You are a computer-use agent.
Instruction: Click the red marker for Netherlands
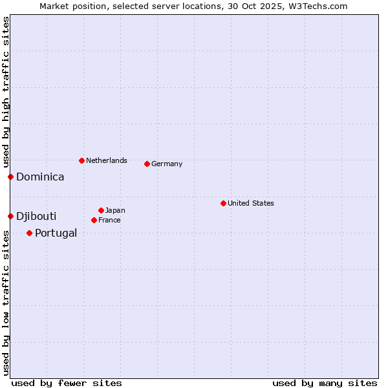pyautogui.click(x=81, y=160)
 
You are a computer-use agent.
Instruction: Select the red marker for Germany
pyautogui.click(x=147, y=164)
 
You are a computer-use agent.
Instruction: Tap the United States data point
pyautogui.click(x=223, y=203)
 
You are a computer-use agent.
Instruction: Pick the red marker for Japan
pyautogui.click(x=101, y=210)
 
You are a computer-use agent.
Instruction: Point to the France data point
pyautogui.click(x=94, y=220)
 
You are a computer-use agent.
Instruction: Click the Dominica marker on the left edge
pyautogui.click(x=10, y=177)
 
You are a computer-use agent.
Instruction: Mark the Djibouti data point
pyautogui.click(x=10, y=216)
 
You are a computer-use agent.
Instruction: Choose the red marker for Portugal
pyautogui.click(x=29, y=233)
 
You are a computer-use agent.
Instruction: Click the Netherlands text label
pyautogui.click(x=107, y=160)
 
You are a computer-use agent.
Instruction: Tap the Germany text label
pyautogui.click(x=167, y=164)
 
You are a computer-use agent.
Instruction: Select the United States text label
pyautogui.click(x=251, y=203)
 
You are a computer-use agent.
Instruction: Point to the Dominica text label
pyautogui.click(x=40, y=177)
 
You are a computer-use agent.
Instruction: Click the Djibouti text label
pyautogui.click(x=36, y=216)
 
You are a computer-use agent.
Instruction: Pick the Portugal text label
pyautogui.click(x=56, y=233)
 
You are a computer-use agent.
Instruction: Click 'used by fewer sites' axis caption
pyautogui.click(x=67, y=383)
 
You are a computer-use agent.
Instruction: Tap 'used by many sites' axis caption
pyautogui.click(x=325, y=383)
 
